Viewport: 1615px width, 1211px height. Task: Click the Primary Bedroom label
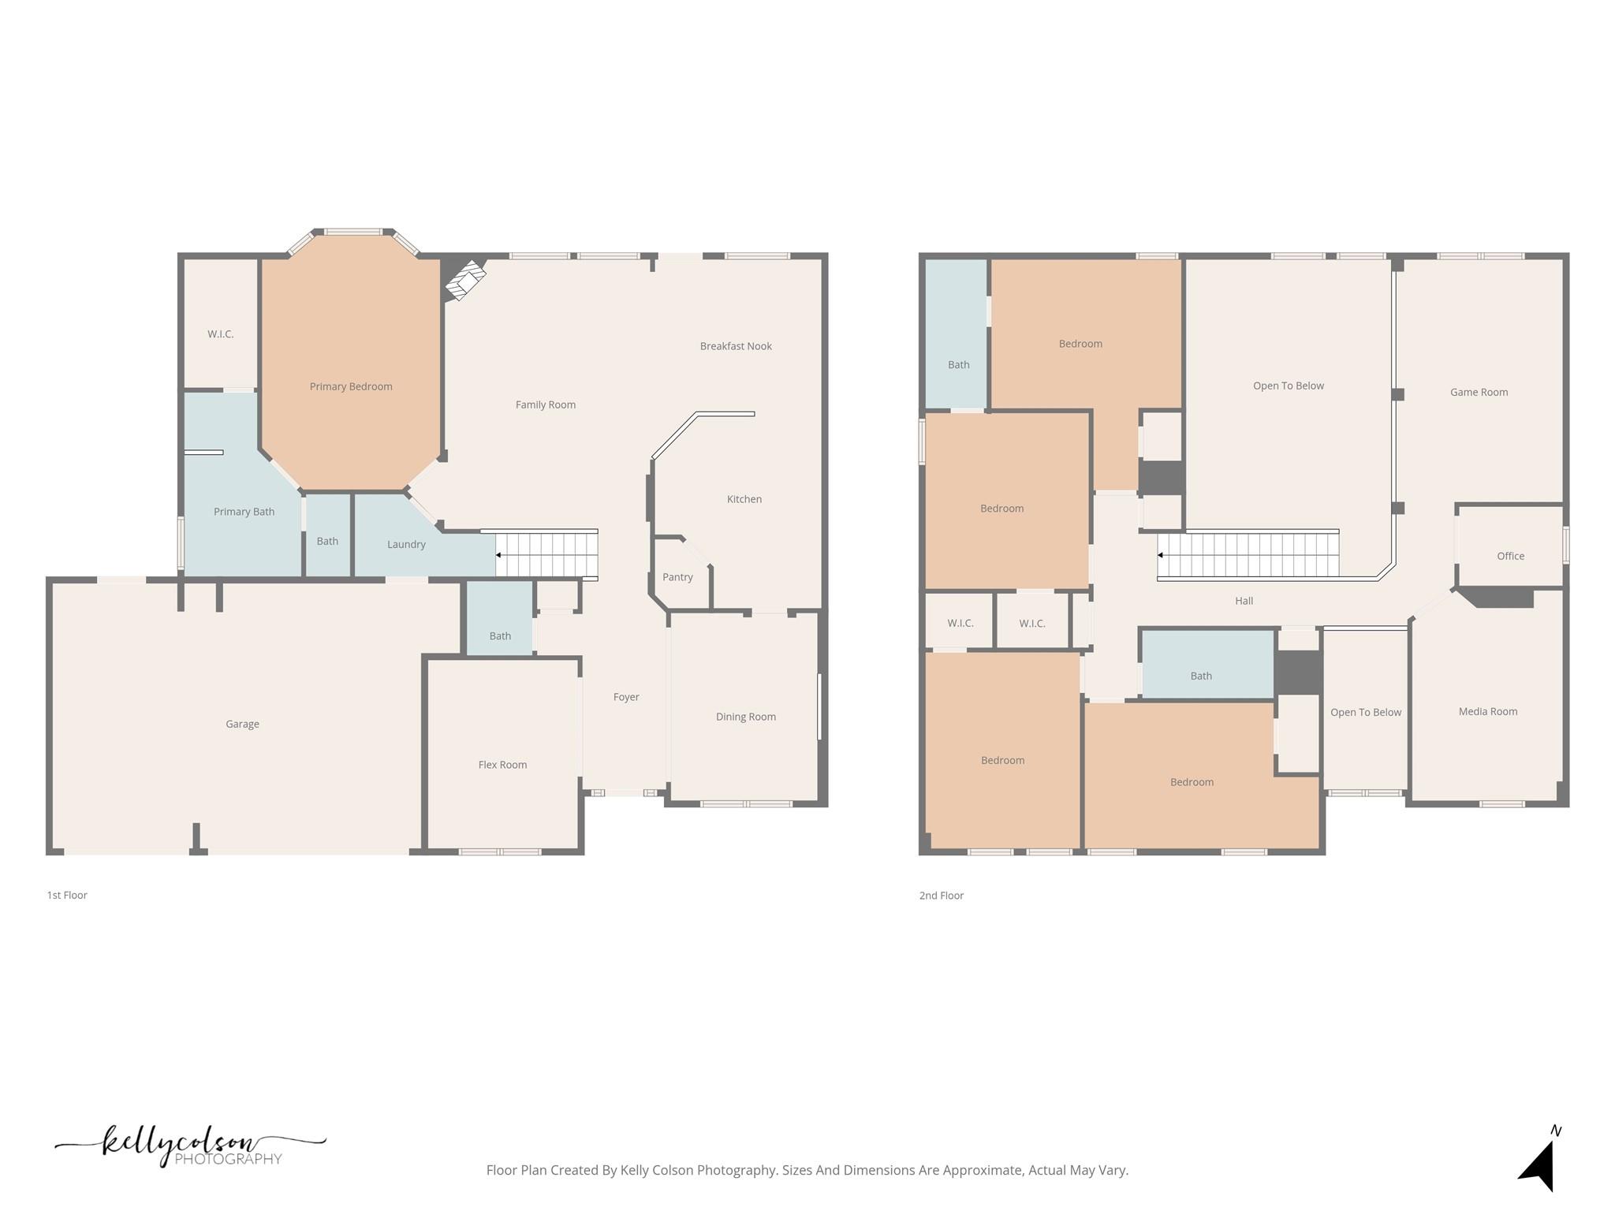click(351, 386)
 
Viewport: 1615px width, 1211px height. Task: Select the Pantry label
click(677, 577)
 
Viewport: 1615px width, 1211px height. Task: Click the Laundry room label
click(406, 545)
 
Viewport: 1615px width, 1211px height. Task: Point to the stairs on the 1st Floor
click(546, 555)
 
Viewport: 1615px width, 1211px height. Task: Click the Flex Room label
click(502, 765)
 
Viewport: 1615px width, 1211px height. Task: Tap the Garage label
click(242, 724)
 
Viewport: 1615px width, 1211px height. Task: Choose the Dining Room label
click(745, 717)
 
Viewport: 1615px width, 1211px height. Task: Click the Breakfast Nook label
click(736, 346)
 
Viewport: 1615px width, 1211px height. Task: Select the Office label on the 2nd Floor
click(1510, 556)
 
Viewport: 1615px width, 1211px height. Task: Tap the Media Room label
click(1487, 711)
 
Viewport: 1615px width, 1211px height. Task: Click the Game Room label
click(1479, 392)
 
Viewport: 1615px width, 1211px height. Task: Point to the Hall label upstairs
click(1244, 601)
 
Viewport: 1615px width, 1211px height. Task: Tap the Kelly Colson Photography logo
click(189, 1146)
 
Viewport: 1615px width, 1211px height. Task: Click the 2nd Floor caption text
click(941, 896)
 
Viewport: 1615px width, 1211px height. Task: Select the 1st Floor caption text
click(67, 896)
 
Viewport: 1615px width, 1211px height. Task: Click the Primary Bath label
click(244, 512)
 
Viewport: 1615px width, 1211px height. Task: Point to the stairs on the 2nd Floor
click(1248, 555)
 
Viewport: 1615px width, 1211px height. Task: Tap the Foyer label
click(626, 697)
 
